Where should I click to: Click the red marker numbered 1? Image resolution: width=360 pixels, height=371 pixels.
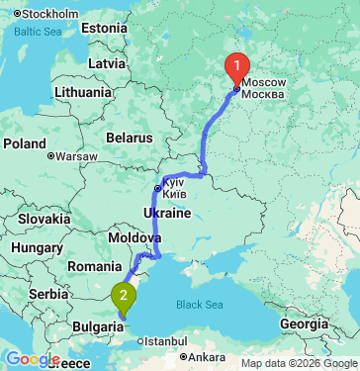pos(236,67)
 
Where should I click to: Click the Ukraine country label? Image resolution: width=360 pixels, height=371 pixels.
pos(167,213)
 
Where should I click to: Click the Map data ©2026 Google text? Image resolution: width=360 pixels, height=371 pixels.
pos(298,363)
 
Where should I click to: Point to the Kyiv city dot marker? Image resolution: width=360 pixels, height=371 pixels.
pos(156,187)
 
